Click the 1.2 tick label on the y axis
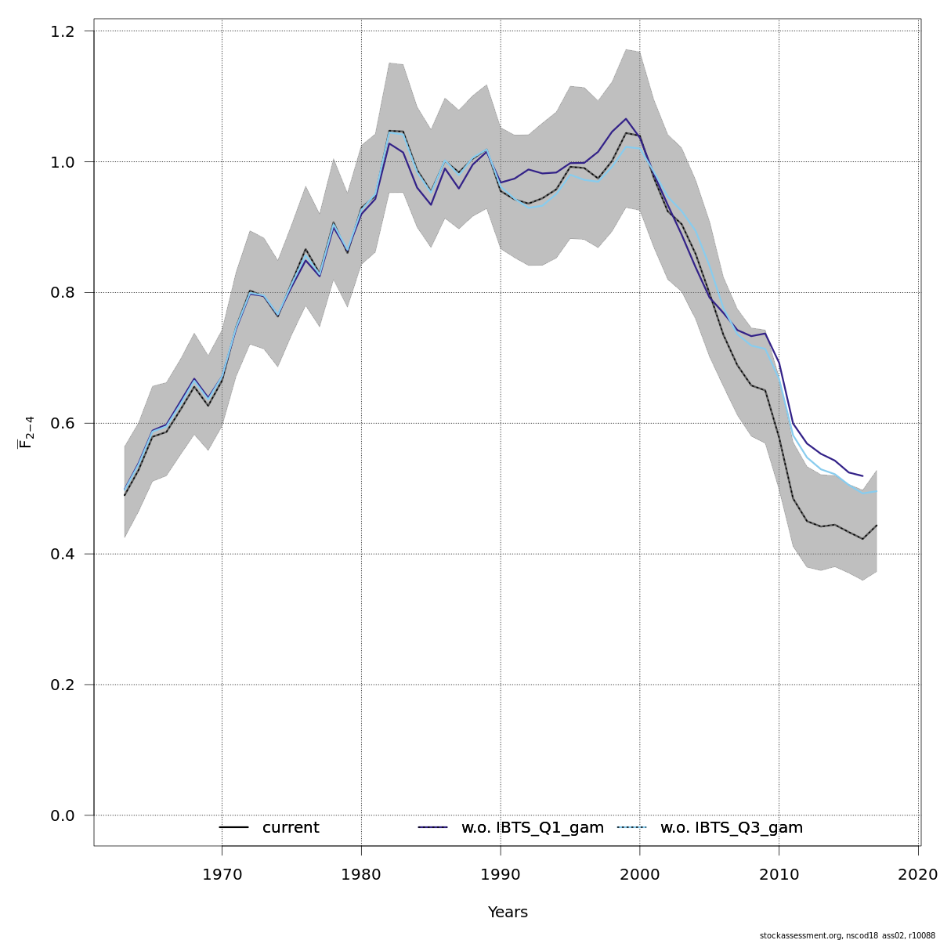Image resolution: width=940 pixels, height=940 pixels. [63, 31]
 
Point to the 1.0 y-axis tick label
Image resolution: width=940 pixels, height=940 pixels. [63, 162]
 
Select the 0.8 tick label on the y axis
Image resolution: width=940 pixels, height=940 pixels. [63, 293]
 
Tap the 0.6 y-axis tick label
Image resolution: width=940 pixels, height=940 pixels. [63, 423]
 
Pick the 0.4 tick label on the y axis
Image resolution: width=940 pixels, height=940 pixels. [63, 554]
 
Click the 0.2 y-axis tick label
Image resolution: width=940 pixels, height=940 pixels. [63, 685]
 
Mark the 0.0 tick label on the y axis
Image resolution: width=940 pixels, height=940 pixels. [63, 815]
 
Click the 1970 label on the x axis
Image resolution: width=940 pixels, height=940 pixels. [222, 873]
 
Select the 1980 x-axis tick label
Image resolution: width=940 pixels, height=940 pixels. [361, 873]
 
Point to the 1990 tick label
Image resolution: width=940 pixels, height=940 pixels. [501, 873]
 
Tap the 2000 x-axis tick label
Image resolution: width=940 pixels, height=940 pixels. [640, 873]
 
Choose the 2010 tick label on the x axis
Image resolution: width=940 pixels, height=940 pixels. [779, 873]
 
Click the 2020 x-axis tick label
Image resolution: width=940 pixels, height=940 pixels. [918, 873]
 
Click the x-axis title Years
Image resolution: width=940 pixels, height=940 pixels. [508, 913]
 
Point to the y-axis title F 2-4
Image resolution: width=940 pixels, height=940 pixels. [26, 432]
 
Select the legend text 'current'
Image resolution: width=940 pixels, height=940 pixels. [291, 828]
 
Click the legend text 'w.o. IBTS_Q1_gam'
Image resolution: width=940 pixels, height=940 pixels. [533, 828]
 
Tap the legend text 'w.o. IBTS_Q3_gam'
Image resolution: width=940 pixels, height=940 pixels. [732, 828]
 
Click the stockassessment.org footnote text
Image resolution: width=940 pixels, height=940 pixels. [848, 935]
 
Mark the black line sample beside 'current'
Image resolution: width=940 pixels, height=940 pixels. [233, 828]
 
